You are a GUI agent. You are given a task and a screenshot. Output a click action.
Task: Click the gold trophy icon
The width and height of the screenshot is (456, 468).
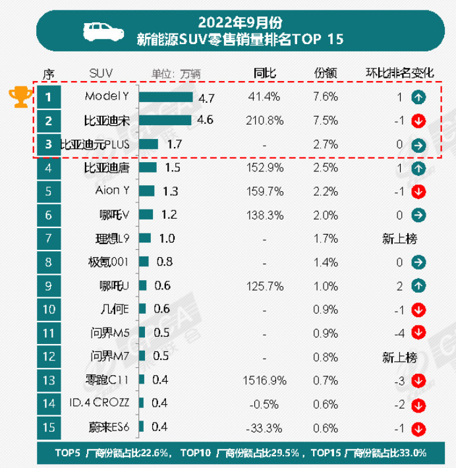tap(20, 97)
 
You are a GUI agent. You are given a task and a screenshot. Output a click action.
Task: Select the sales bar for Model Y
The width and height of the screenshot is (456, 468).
tap(167, 97)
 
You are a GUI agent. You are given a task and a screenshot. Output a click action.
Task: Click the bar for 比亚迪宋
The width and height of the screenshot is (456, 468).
tap(165, 121)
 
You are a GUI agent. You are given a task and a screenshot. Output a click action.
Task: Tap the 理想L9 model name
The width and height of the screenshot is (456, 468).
tap(112, 239)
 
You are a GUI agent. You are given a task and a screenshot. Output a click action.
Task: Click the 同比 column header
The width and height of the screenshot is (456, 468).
tap(264, 72)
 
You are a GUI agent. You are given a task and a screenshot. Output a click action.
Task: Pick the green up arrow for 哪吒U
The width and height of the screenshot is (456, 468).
tap(416, 286)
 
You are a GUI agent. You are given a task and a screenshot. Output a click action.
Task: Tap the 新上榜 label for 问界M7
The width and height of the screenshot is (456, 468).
tap(399, 357)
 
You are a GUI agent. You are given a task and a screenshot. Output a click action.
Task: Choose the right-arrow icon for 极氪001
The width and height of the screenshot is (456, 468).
tap(416, 262)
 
